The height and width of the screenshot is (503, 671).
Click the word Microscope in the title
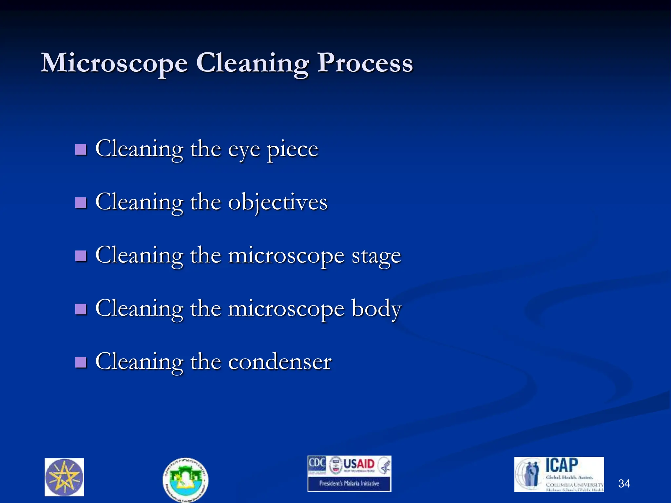click(114, 63)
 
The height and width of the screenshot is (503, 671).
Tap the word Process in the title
click(365, 63)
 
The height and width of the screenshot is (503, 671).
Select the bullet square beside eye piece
click(81, 150)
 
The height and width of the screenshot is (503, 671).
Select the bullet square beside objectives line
click(81, 203)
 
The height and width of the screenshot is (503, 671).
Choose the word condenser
click(280, 362)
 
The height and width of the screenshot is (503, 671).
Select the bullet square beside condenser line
click(81, 363)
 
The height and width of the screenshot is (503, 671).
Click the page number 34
click(624, 483)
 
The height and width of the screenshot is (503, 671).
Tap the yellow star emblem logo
click(64, 477)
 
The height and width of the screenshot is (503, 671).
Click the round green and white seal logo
click(185, 479)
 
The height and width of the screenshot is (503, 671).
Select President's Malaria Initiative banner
click(349, 483)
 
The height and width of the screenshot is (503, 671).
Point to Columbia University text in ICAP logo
click(574, 484)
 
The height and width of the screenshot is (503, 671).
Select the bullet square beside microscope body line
click(81, 309)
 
